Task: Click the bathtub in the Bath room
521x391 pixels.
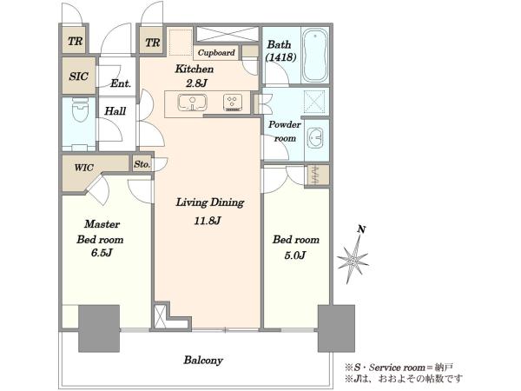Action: (315, 56)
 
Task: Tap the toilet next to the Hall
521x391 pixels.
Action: (80, 109)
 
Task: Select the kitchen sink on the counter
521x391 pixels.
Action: (193, 103)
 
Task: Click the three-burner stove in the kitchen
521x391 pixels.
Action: (233, 103)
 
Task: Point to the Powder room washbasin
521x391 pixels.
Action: (315, 137)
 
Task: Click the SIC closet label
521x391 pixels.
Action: (79, 76)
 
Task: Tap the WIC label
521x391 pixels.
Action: (83, 167)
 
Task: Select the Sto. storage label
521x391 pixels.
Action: (142, 164)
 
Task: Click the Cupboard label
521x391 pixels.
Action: (216, 52)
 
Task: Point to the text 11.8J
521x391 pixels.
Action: (208, 221)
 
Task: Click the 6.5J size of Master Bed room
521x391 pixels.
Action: (102, 253)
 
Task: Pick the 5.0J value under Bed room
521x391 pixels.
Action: (294, 255)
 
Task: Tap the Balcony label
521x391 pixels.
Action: (203, 360)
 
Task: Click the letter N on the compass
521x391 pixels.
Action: (361, 229)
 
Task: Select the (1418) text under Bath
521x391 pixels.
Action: (280, 57)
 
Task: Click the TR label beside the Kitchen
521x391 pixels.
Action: (153, 43)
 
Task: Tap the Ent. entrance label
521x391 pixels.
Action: (121, 83)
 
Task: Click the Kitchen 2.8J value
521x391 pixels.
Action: (196, 83)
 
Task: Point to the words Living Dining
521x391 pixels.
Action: (210, 202)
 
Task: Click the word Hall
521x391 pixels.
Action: (115, 110)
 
